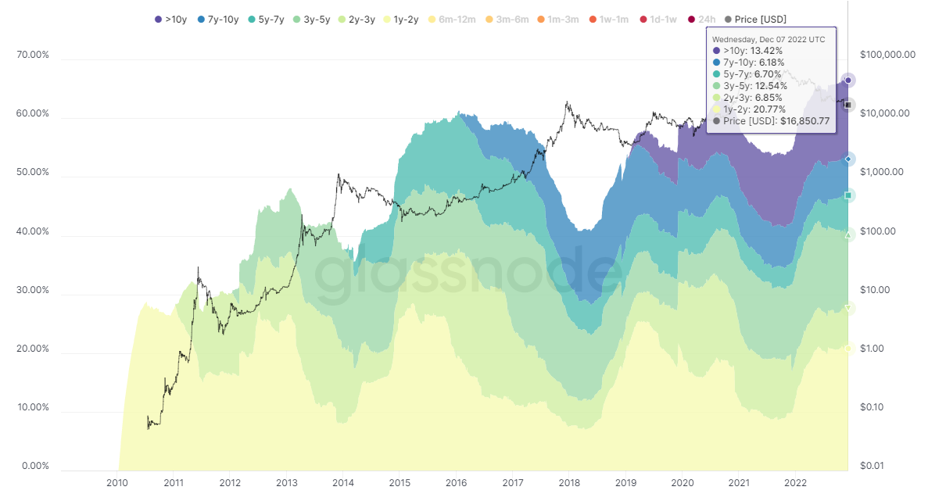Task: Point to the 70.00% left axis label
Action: click(x=32, y=55)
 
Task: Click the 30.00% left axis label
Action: click(x=32, y=290)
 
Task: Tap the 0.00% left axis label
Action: click(x=34, y=466)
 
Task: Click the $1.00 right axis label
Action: click(x=872, y=349)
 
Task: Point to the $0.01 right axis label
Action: click(x=872, y=466)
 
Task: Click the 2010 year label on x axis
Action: click(x=117, y=482)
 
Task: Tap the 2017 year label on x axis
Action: click(x=513, y=482)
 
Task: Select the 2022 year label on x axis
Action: click(x=796, y=482)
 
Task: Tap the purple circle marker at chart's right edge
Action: click(x=848, y=80)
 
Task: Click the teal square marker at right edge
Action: click(x=848, y=195)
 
